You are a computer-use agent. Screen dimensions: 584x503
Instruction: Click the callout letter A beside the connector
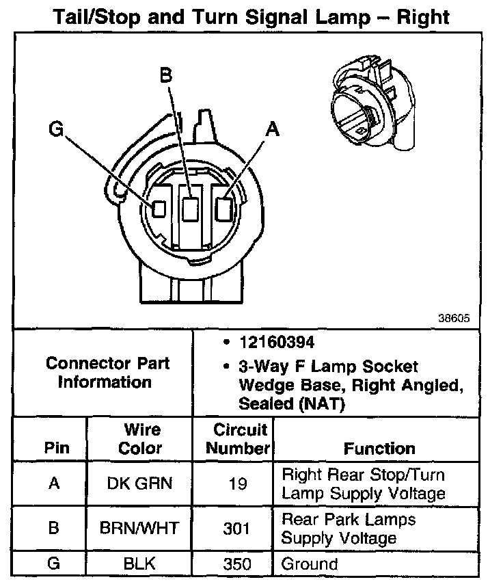[273, 129]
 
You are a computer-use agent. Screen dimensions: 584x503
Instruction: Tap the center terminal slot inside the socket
[191, 208]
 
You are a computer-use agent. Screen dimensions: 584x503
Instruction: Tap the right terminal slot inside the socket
[223, 208]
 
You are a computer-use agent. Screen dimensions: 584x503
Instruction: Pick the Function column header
[379, 449]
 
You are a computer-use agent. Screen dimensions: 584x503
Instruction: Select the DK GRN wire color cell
[140, 483]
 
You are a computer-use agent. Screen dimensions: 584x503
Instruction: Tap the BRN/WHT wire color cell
[140, 528]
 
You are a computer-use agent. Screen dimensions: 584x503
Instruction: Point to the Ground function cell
[310, 565]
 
